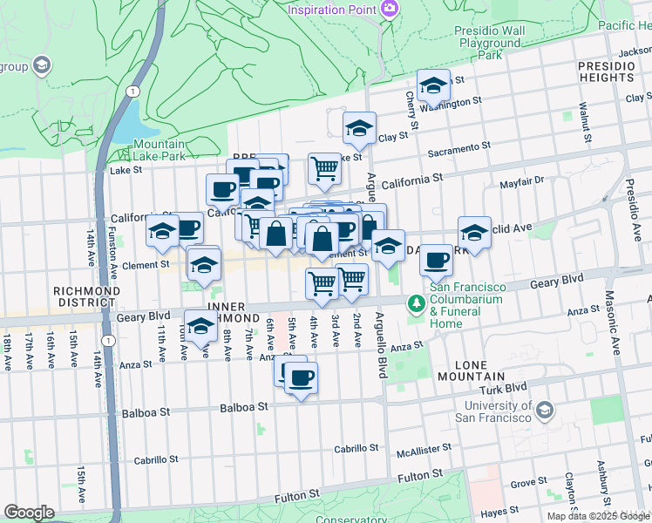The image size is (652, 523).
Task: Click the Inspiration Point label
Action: (332, 10)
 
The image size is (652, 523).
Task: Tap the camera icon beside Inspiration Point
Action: (390, 9)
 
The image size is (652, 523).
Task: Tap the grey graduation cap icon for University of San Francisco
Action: (545, 410)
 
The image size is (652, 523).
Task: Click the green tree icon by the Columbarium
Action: (417, 302)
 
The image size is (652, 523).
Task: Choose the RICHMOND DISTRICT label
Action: (85, 296)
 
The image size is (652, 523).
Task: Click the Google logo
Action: (29, 513)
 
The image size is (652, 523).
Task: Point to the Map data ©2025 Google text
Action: (597, 516)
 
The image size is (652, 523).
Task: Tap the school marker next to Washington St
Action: (432, 85)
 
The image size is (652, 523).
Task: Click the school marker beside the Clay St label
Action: (358, 128)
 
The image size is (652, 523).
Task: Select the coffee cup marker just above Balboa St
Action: (301, 378)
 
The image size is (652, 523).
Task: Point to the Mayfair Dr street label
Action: (521, 181)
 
